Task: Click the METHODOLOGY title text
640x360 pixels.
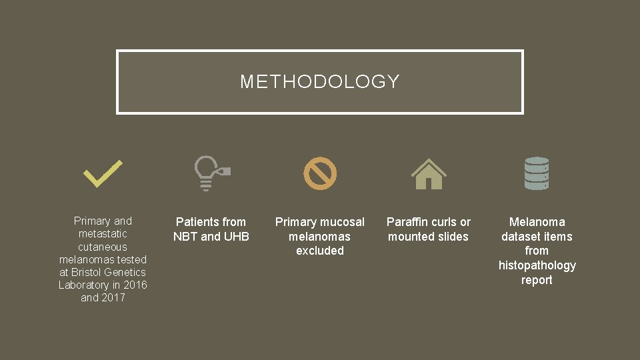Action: pyautogui.click(x=319, y=82)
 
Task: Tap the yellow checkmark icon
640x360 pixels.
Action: pyautogui.click(x=103, y=173)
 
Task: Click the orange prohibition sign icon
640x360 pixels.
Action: pyautogui.click(x=320, y=173)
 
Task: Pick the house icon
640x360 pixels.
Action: pyautogui.click(x=429, y=174)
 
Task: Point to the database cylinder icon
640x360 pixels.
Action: pyautogui.click(x=537, y=173)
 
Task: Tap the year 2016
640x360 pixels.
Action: pyautogui.click(x=135, y=285)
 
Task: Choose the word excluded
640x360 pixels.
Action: pyautogui.click(x=320, y=251)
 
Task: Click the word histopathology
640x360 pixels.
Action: pyautogui.click(x=537, y=265)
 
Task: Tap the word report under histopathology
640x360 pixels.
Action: pyautogui.click(x=537, y=280)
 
